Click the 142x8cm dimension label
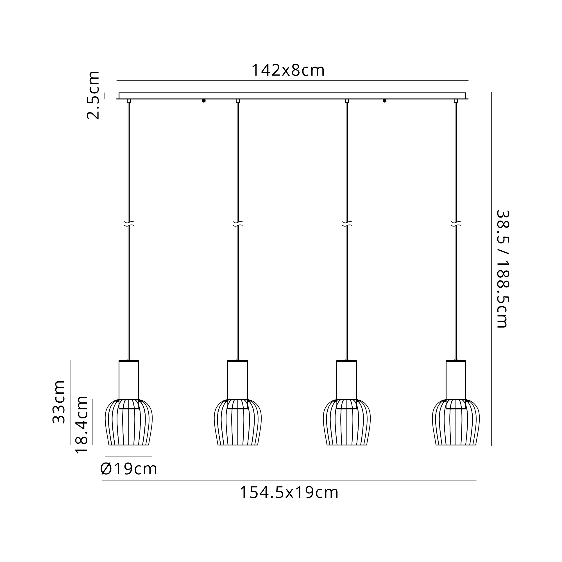pos(288,71)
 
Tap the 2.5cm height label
pos(93,95)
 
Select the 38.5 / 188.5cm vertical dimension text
pos(503,269)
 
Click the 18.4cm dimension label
pos(82,424)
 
